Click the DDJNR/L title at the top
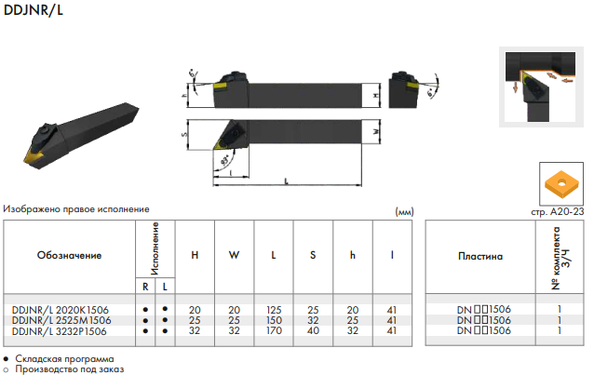(33, 10)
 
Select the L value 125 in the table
(274, 310)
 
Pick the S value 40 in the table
(313, 330)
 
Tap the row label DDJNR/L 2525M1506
(61, 320)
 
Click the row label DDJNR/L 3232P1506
(59, 331)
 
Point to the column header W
(234, 255)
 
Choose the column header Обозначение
(69, 255)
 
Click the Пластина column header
(480, 257)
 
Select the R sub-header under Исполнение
(145, 287)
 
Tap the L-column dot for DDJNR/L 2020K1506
(165, 309)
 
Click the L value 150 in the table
(274, 320)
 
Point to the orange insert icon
(561, 184)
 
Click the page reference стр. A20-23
(558, 212)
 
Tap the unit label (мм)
(404, 212)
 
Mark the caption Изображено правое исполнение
(76, 209)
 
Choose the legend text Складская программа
(64, 358)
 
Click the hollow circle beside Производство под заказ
(6, 369)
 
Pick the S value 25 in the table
(313, 310)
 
